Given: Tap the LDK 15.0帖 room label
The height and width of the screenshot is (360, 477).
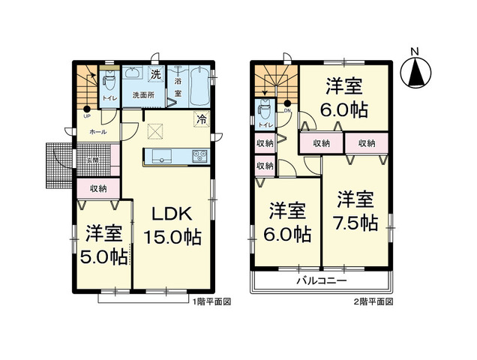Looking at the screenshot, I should click(x=172, y=224).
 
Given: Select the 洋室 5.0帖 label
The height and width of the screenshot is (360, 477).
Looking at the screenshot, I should click(x=103, y=244).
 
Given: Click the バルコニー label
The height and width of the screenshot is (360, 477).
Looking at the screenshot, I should click(x=319, y=280).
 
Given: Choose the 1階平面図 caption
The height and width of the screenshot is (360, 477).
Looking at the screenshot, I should click(x=212, y=302).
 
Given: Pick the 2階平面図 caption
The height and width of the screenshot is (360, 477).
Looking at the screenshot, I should click(x=372, y=302).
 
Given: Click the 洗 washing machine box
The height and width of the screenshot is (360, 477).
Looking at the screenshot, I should click(x=156, y=74).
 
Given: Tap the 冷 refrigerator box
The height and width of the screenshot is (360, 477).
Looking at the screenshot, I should click(x=202, y=118).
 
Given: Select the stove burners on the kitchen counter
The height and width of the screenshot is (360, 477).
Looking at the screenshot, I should click(x=201, y=156).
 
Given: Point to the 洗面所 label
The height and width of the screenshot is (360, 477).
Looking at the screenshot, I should click(x=143, y=95).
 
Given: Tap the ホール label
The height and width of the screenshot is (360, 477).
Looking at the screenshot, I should click(x=97, y=132).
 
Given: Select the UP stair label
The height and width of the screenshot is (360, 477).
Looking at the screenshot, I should click(x=87, y=117).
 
